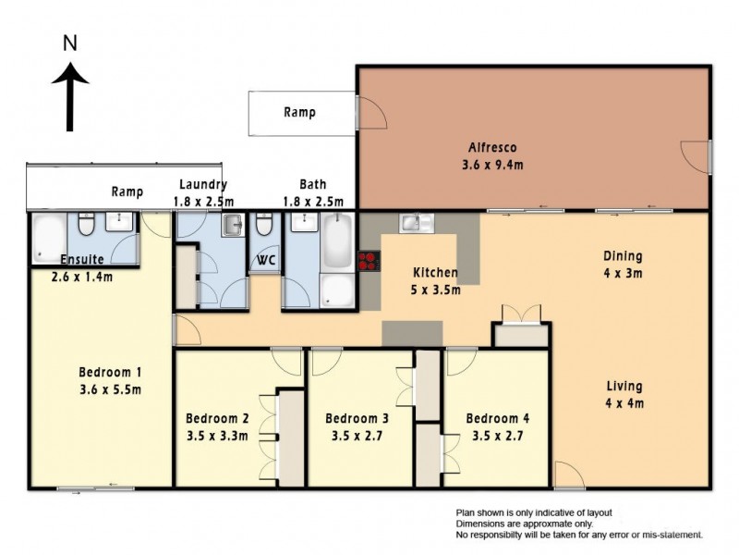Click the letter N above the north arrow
70,43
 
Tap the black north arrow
70,97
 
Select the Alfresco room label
492,147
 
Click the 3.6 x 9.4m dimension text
492,166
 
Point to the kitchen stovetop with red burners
369,261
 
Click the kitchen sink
417,222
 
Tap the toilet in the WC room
264,224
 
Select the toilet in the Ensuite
86,224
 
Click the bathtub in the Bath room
337,242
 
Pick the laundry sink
232,225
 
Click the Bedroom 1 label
110,373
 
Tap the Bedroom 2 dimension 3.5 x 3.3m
217,436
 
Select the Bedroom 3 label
357,419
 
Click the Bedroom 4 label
498,419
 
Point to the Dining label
623,256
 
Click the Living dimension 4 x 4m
624,403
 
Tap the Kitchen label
435,272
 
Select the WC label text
266,261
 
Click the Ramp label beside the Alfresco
299,112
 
